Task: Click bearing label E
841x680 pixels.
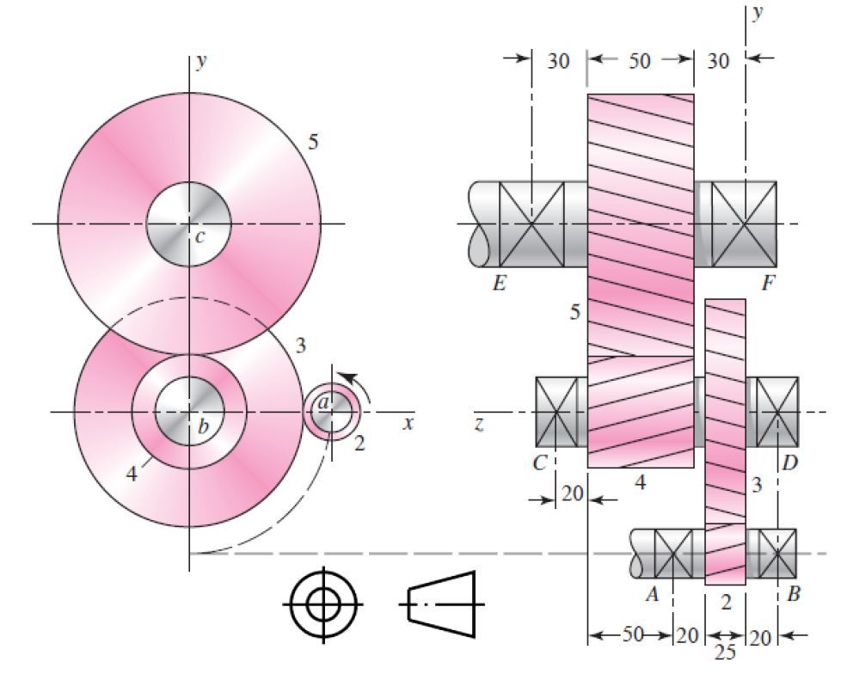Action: [499, 283]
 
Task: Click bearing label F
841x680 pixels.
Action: [768, 283]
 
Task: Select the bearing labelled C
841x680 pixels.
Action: [556, 412]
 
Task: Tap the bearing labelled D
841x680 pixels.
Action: [777, 412]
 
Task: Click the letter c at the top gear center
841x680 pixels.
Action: [200, 236]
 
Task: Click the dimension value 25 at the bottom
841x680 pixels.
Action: [725, 653]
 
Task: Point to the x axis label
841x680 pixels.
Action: [408, 423]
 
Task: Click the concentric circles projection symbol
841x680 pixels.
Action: [322, 604]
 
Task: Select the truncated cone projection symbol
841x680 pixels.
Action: [441, 604]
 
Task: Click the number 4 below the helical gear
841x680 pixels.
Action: [640, 483]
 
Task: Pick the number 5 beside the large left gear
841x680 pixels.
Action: [314, 142]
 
